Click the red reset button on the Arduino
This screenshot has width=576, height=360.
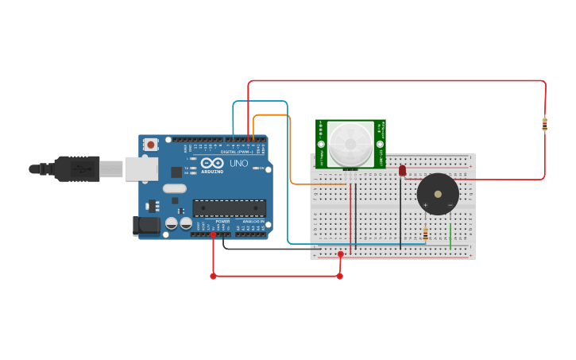(x=150, y=145)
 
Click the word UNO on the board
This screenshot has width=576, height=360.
(x=239, y=163)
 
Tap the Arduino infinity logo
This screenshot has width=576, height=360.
(x=212, y=163)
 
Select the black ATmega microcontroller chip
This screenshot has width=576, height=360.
(x=229, y=208)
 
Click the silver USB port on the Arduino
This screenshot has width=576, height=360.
(x=141, y=168)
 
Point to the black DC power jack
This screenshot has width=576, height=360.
(x=147, y=226)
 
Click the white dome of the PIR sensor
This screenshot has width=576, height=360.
(x=350, y=144)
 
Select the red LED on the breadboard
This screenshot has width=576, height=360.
(x=402, y=170)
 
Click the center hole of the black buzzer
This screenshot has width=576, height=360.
(x=438, y=194)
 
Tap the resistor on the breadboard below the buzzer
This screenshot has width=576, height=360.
(x=425, y=234)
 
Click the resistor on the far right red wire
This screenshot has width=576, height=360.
(x=544, y=124)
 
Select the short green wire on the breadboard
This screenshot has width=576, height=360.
(x=450, y=236)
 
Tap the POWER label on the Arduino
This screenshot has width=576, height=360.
(x=222, y=221)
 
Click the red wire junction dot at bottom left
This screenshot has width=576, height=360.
(x=213, y=277)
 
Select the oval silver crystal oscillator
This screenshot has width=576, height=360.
(x=175, y=189)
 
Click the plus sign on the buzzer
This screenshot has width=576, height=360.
(x=425, y=206)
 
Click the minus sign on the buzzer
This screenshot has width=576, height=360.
(x=450, y=206)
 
